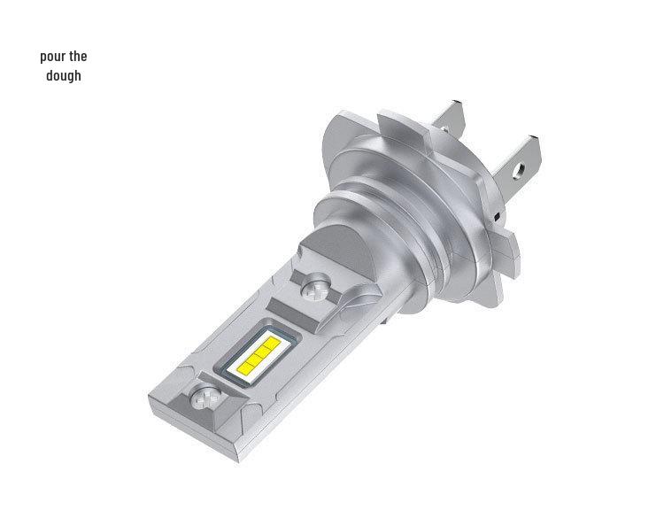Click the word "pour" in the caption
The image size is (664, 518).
[x=52, y=58]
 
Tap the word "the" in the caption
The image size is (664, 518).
[x=78, y=57]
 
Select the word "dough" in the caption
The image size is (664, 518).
[x=64, y=76]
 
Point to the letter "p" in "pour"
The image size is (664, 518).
[x=43, y=58]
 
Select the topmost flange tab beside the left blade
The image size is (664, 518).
[x=398, y=120]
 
